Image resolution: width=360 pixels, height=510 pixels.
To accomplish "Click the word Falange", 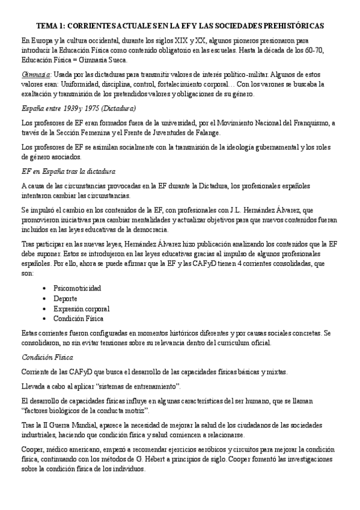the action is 192,132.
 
